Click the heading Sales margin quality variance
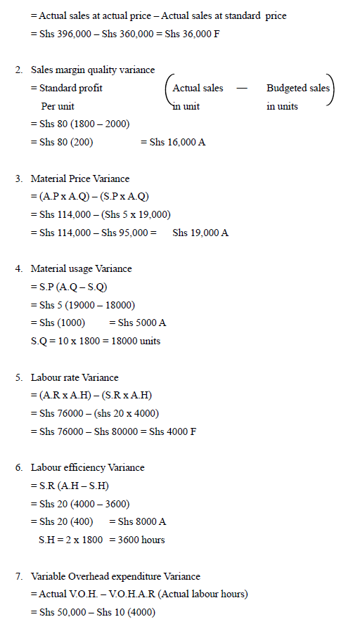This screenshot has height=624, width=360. click(93, 70)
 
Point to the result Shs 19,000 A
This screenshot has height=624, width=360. click(200, 233)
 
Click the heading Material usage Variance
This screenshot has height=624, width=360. click(81, 268)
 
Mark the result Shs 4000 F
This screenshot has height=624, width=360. click(172, 431)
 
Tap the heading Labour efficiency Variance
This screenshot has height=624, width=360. click(87, 467)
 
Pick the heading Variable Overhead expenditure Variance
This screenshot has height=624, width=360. click(115, 576)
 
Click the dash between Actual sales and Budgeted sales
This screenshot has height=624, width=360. click(242, 88)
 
